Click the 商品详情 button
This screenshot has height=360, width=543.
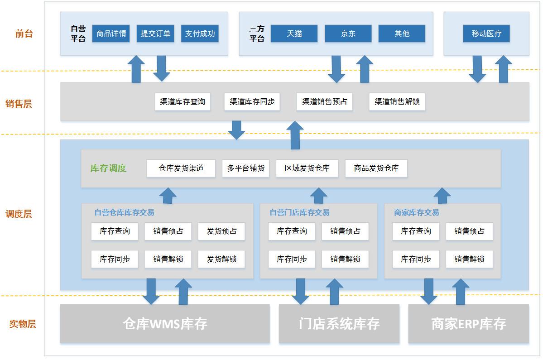coord(111,34)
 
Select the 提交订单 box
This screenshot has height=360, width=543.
coord(155,34)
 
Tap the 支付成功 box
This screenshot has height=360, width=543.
coord(200,34)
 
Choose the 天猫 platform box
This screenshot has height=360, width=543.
coord(294,34)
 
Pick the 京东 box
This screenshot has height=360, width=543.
coord(348,34)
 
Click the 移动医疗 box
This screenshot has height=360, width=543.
coord(486,34)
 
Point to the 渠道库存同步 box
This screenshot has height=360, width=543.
coord(252,102)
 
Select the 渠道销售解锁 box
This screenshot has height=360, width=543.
coord(397,102)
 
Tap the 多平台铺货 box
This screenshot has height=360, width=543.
coord(246,168)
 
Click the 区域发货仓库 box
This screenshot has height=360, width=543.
coord(307,168)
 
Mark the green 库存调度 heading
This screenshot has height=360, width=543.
coord(108,168)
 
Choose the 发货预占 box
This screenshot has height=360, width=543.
coord(221,231)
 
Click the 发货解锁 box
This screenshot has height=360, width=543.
coord(221,259)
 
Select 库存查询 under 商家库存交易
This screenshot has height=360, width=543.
coord(416,231)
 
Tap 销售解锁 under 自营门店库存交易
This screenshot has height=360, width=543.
coord(345,259)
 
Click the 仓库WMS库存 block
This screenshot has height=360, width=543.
coord(165,324)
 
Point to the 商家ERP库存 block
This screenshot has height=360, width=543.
coord(468,324)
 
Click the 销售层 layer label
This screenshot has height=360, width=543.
coord(19,104)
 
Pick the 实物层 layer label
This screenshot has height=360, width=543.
coord(23,324)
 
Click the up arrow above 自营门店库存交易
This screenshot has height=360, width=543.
coord(318,195)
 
